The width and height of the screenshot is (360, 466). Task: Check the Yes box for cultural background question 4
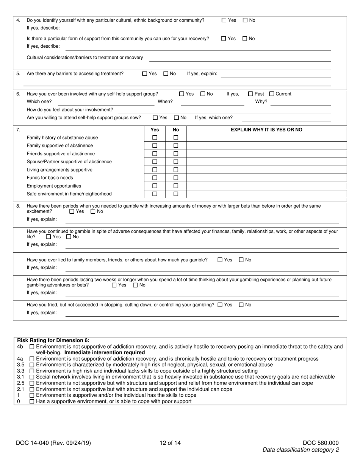[224, 20]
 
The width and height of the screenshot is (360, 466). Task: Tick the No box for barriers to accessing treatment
[166, 74]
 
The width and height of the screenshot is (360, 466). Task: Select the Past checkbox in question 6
[250, 94]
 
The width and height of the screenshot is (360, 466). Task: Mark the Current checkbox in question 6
[271, 94]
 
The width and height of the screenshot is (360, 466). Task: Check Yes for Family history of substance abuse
[155, 138]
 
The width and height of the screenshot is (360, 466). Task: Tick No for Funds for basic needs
[176, 178]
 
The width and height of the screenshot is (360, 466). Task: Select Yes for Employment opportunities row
[155, 186]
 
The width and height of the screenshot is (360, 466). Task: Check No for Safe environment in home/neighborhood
[176, 194]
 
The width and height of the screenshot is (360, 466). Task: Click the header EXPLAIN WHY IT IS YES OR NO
[266, 130]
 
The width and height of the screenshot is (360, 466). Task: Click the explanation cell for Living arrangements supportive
[266, 170]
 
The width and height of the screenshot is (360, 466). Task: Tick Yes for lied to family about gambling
[220, 260]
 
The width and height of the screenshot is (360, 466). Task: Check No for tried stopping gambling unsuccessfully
[241, 305]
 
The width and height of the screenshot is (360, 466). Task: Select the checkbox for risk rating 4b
[32, 347]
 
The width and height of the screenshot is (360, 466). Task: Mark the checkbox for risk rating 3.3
[32, 371]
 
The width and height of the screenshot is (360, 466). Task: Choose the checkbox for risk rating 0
[32, 401]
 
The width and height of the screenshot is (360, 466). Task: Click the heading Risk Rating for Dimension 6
[53, 340]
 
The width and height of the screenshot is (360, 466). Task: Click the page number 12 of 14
[170, 443]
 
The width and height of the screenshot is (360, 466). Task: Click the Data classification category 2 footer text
[301, 450]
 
